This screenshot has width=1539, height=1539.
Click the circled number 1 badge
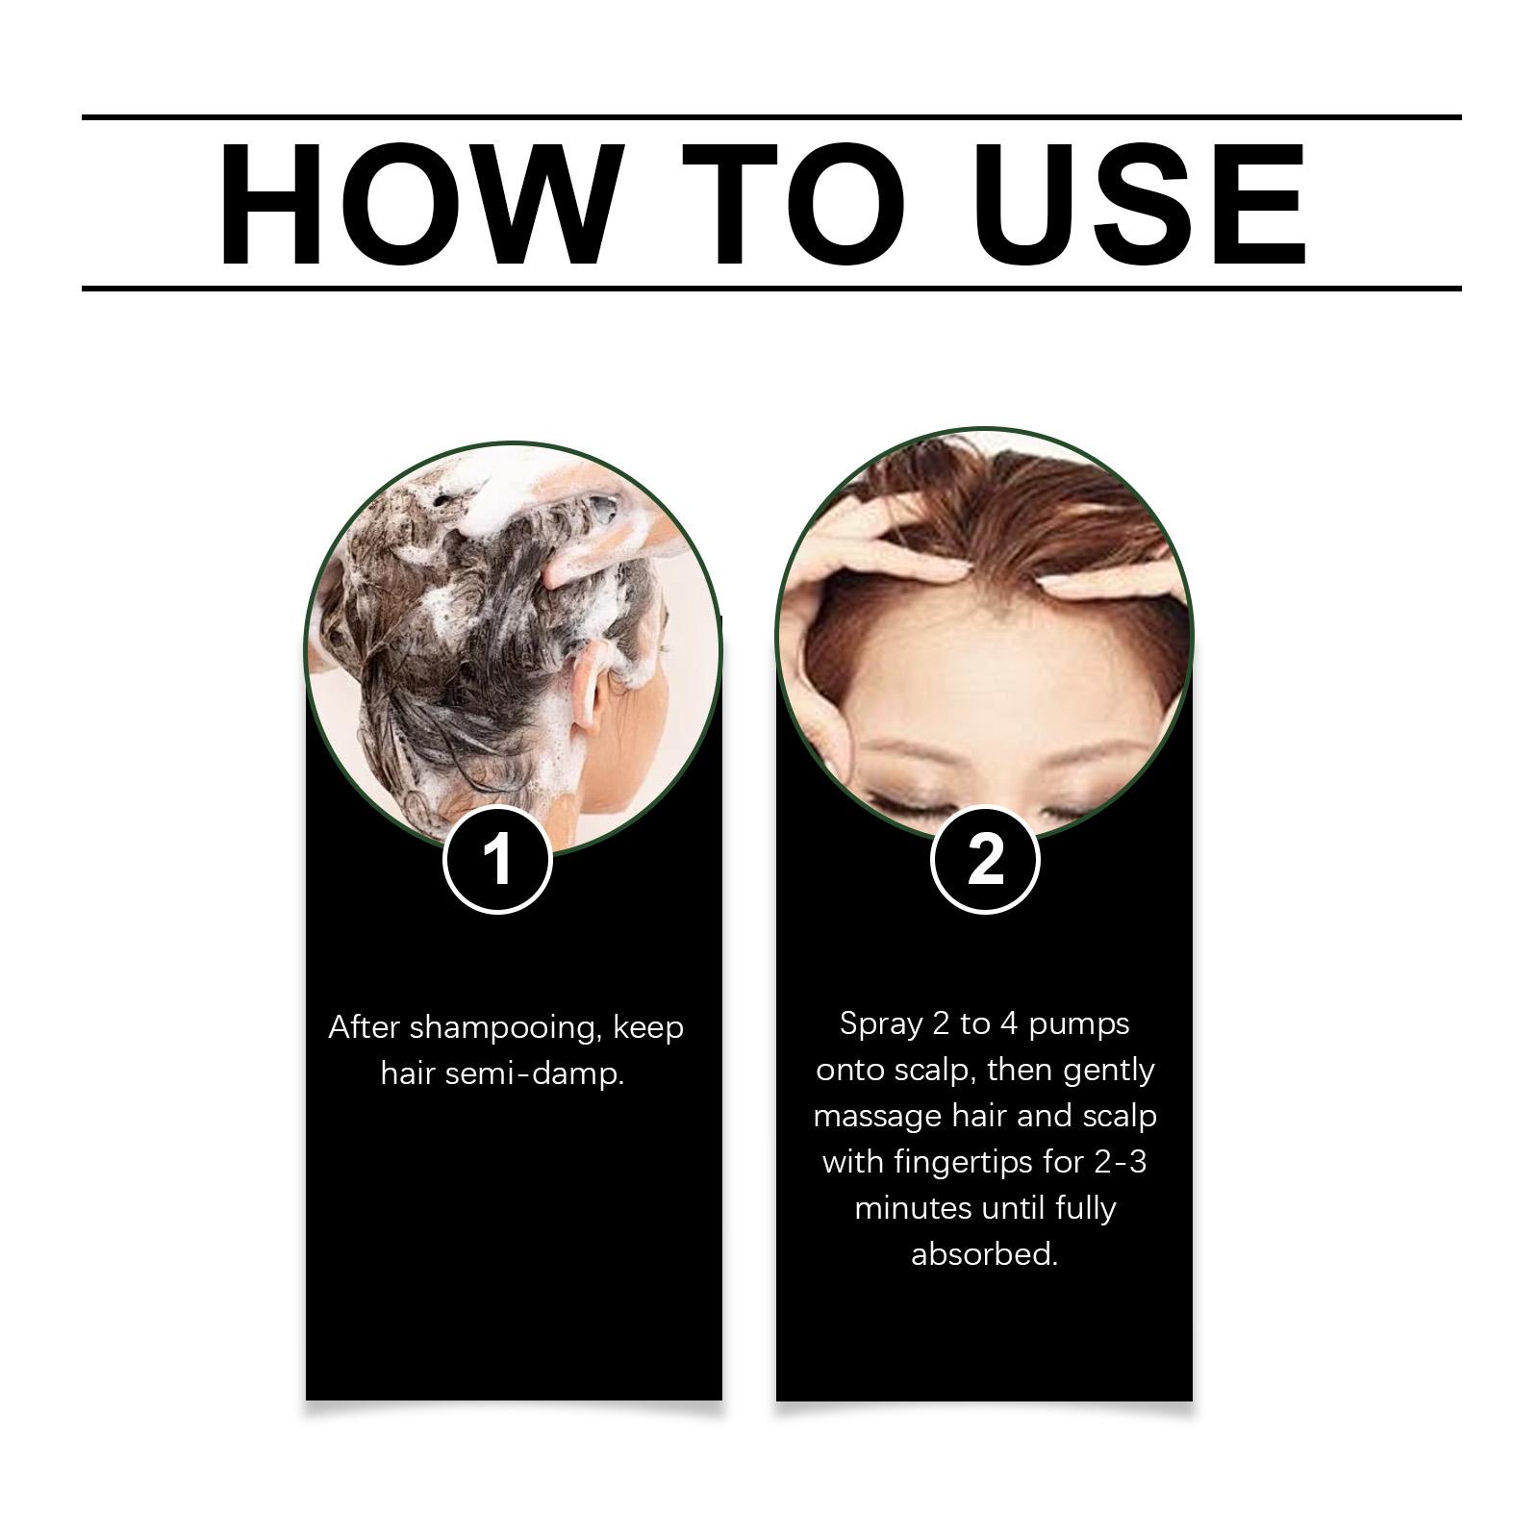[497, 859]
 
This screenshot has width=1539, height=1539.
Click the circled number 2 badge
[985, 859]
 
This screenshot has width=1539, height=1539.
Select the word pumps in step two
[1079, 1025]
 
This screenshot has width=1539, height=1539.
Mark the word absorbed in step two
[984, 1254]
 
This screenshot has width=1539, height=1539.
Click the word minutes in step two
[914, 1208]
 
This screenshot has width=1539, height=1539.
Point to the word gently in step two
[1109, 1072]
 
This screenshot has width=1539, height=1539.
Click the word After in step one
[365, 1028]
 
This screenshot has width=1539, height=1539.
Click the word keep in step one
[648, 1029]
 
